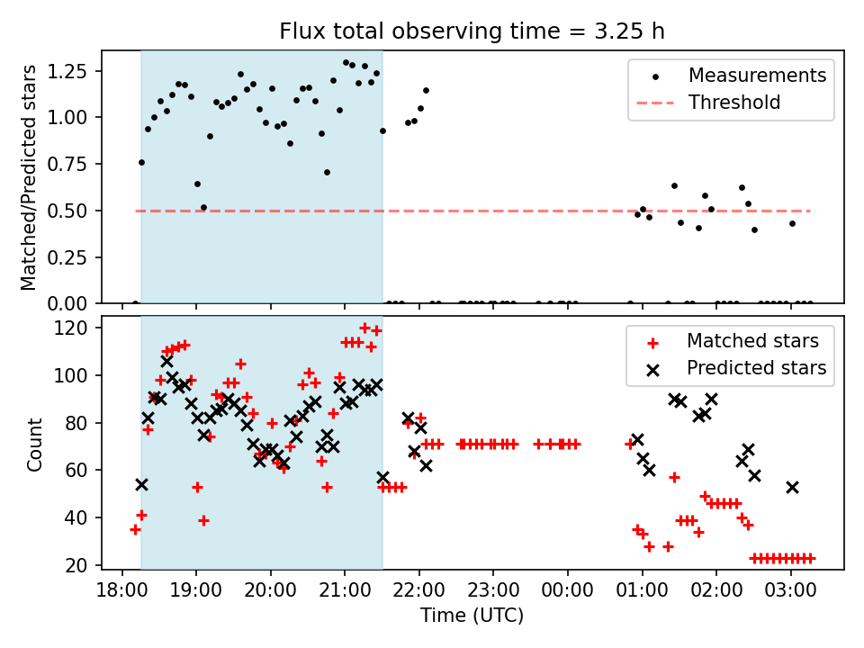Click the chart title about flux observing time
(x=472, y=31)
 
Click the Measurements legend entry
(x=757, y=76)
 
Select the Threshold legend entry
(x=733, y=103)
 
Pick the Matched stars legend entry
(x=752, y=341)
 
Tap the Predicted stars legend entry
(x=756, y=368)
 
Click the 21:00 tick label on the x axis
(x=345, y=591)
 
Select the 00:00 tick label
(x=568, y=591)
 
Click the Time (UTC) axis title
(x=472, y=616)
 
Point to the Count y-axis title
(x=34, y=444)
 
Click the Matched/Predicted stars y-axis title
(x=29, y=177)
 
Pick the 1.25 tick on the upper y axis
(x=67, y=70)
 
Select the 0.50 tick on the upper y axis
(x=67, y=211)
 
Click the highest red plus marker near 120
(x=364, y=328)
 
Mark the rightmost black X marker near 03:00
(x=792, y=487)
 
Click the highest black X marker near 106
(x=166, y=361)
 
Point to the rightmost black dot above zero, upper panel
(x=792, y=223)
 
